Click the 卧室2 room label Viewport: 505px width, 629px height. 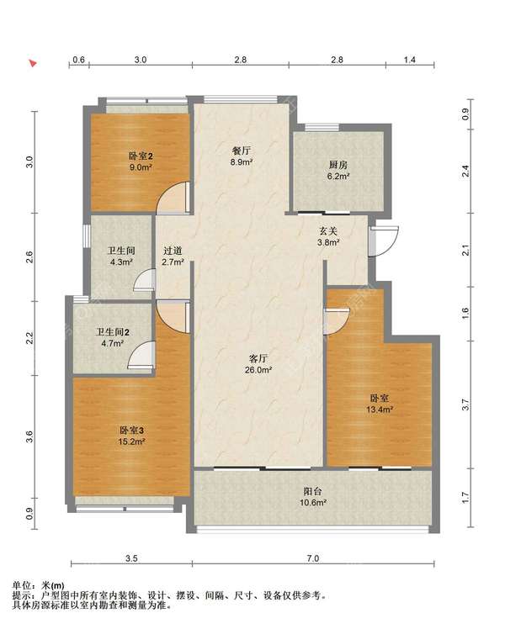click(141, 156)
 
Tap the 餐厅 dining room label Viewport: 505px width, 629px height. click(242, 151)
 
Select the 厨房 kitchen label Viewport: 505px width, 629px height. click(338, 165)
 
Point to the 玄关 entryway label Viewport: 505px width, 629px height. click(328, 230)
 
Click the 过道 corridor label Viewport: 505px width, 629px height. click(173, 251)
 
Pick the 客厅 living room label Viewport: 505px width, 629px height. click(258, 358)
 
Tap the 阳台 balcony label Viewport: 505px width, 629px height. click(313, 491)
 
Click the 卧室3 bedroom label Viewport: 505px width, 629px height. click(131, 431)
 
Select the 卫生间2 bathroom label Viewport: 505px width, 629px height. click(113, 332)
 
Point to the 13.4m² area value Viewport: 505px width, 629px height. click(380, 410)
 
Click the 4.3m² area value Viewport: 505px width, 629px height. click(121, 262)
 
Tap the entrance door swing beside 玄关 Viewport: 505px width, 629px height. click(384, 241)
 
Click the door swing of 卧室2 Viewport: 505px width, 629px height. click(173, 197)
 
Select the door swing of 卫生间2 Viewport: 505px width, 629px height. click(141, 355)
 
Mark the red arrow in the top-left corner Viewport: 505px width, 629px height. click(33, 63)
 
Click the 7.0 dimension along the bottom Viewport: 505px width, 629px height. click(313, 558)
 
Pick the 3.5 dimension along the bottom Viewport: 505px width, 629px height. click(131, 558)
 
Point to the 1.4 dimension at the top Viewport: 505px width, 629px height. click(409, 60)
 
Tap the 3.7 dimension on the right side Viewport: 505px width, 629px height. click(465, 404)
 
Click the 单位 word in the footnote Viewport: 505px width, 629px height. click(22, 586)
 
